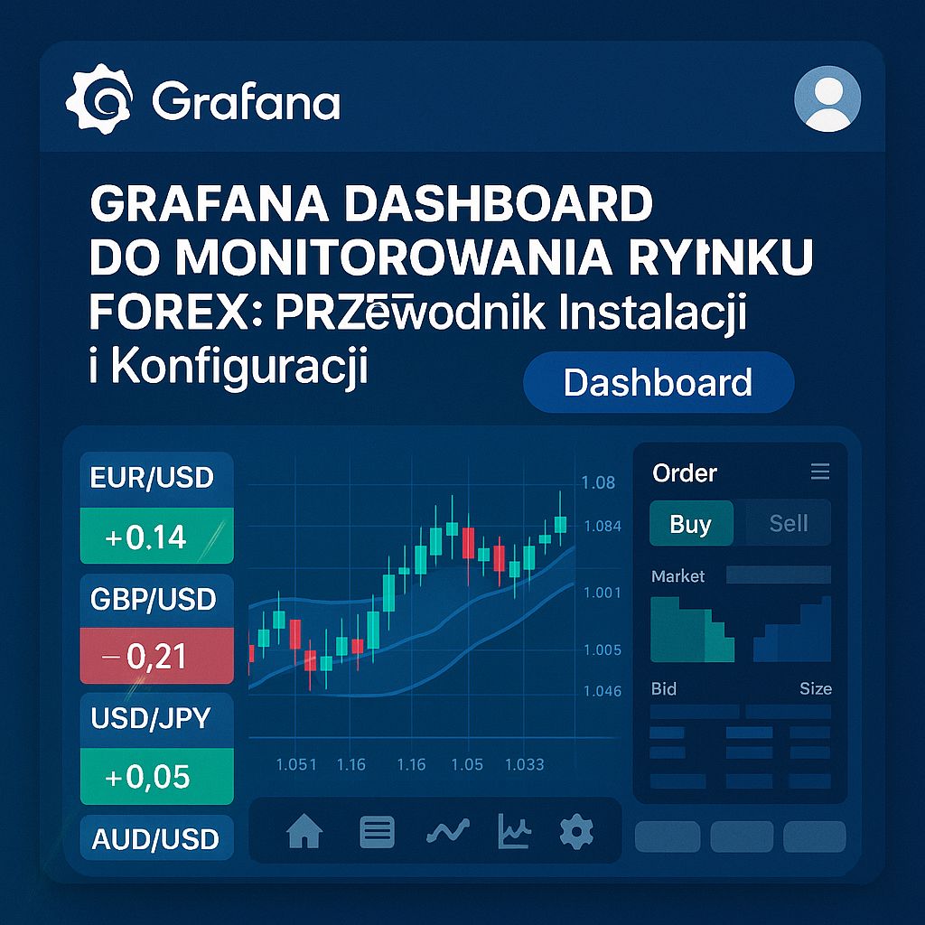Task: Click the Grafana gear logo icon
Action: [x=99, y=99]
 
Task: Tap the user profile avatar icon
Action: [x=827, y=99]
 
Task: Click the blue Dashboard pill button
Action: [x=658, y=383]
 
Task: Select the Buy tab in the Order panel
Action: [x=691, y=524]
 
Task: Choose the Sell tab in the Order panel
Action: [x=788, y=524]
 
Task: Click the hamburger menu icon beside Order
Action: [x=820, y=472]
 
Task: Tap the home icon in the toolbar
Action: [x=304, y=831]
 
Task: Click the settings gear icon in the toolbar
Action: [x=576, y=831]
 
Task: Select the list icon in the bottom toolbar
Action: [x=377, y=831]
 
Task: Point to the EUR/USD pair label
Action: [x=152, y=478]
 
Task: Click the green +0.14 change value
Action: [x=146, y=537]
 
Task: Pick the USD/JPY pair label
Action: [x=151, y=718]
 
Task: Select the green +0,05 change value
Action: [x=147, y=776]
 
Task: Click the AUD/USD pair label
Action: [x=155, y=839]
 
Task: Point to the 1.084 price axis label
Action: [x=603, y=527]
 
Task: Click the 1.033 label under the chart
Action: [x=524, y=764]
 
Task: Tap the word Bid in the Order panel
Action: [x=664, y=688]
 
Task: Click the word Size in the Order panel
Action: [x=815, y=688]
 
